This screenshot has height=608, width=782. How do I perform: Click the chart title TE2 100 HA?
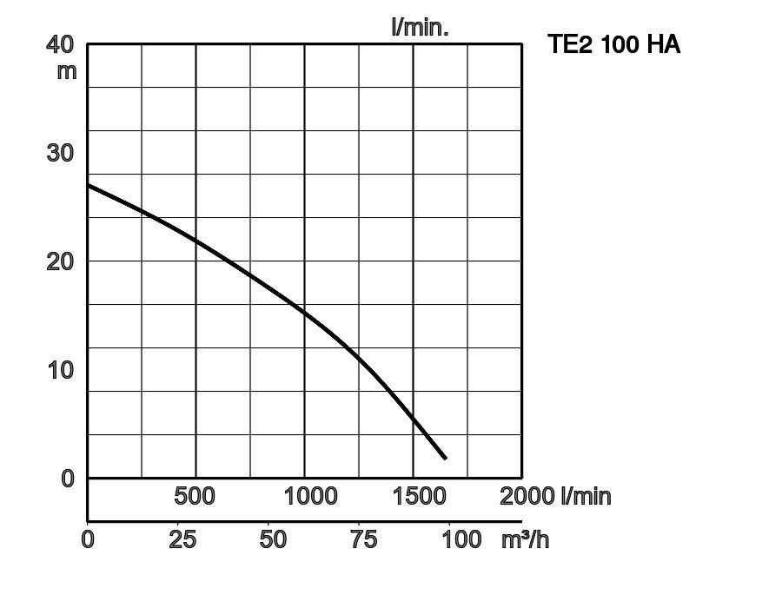point(613,45)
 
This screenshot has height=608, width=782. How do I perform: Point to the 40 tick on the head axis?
point(60,43)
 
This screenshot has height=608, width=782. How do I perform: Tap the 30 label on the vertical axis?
point(60,153)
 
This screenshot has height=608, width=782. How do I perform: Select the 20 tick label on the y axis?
point(60,261)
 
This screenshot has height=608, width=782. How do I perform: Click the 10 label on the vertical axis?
point(60,370)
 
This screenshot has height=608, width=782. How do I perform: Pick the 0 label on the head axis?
point(68,479)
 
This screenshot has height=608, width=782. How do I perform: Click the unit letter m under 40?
point(67,71)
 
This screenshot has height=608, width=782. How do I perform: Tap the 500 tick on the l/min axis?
point(195,496)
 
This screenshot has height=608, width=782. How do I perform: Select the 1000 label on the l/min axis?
point(310,496)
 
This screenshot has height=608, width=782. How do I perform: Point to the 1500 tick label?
point(419,496)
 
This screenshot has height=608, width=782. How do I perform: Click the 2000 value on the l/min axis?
point(527,496)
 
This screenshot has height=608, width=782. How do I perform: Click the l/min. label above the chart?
point(420,27)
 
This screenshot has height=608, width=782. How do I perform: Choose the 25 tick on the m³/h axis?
point(182,539)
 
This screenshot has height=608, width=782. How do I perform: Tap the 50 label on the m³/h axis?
point(273,539)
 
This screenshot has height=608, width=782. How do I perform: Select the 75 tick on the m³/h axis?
point(363,539)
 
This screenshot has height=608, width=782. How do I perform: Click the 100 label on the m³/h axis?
point(461,539)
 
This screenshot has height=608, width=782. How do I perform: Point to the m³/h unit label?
point(525,539)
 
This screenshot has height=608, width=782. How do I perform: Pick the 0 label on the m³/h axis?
point(88,539)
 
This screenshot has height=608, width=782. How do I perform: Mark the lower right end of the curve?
point(445,458)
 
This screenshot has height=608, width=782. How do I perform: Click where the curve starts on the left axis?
point(89,185)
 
